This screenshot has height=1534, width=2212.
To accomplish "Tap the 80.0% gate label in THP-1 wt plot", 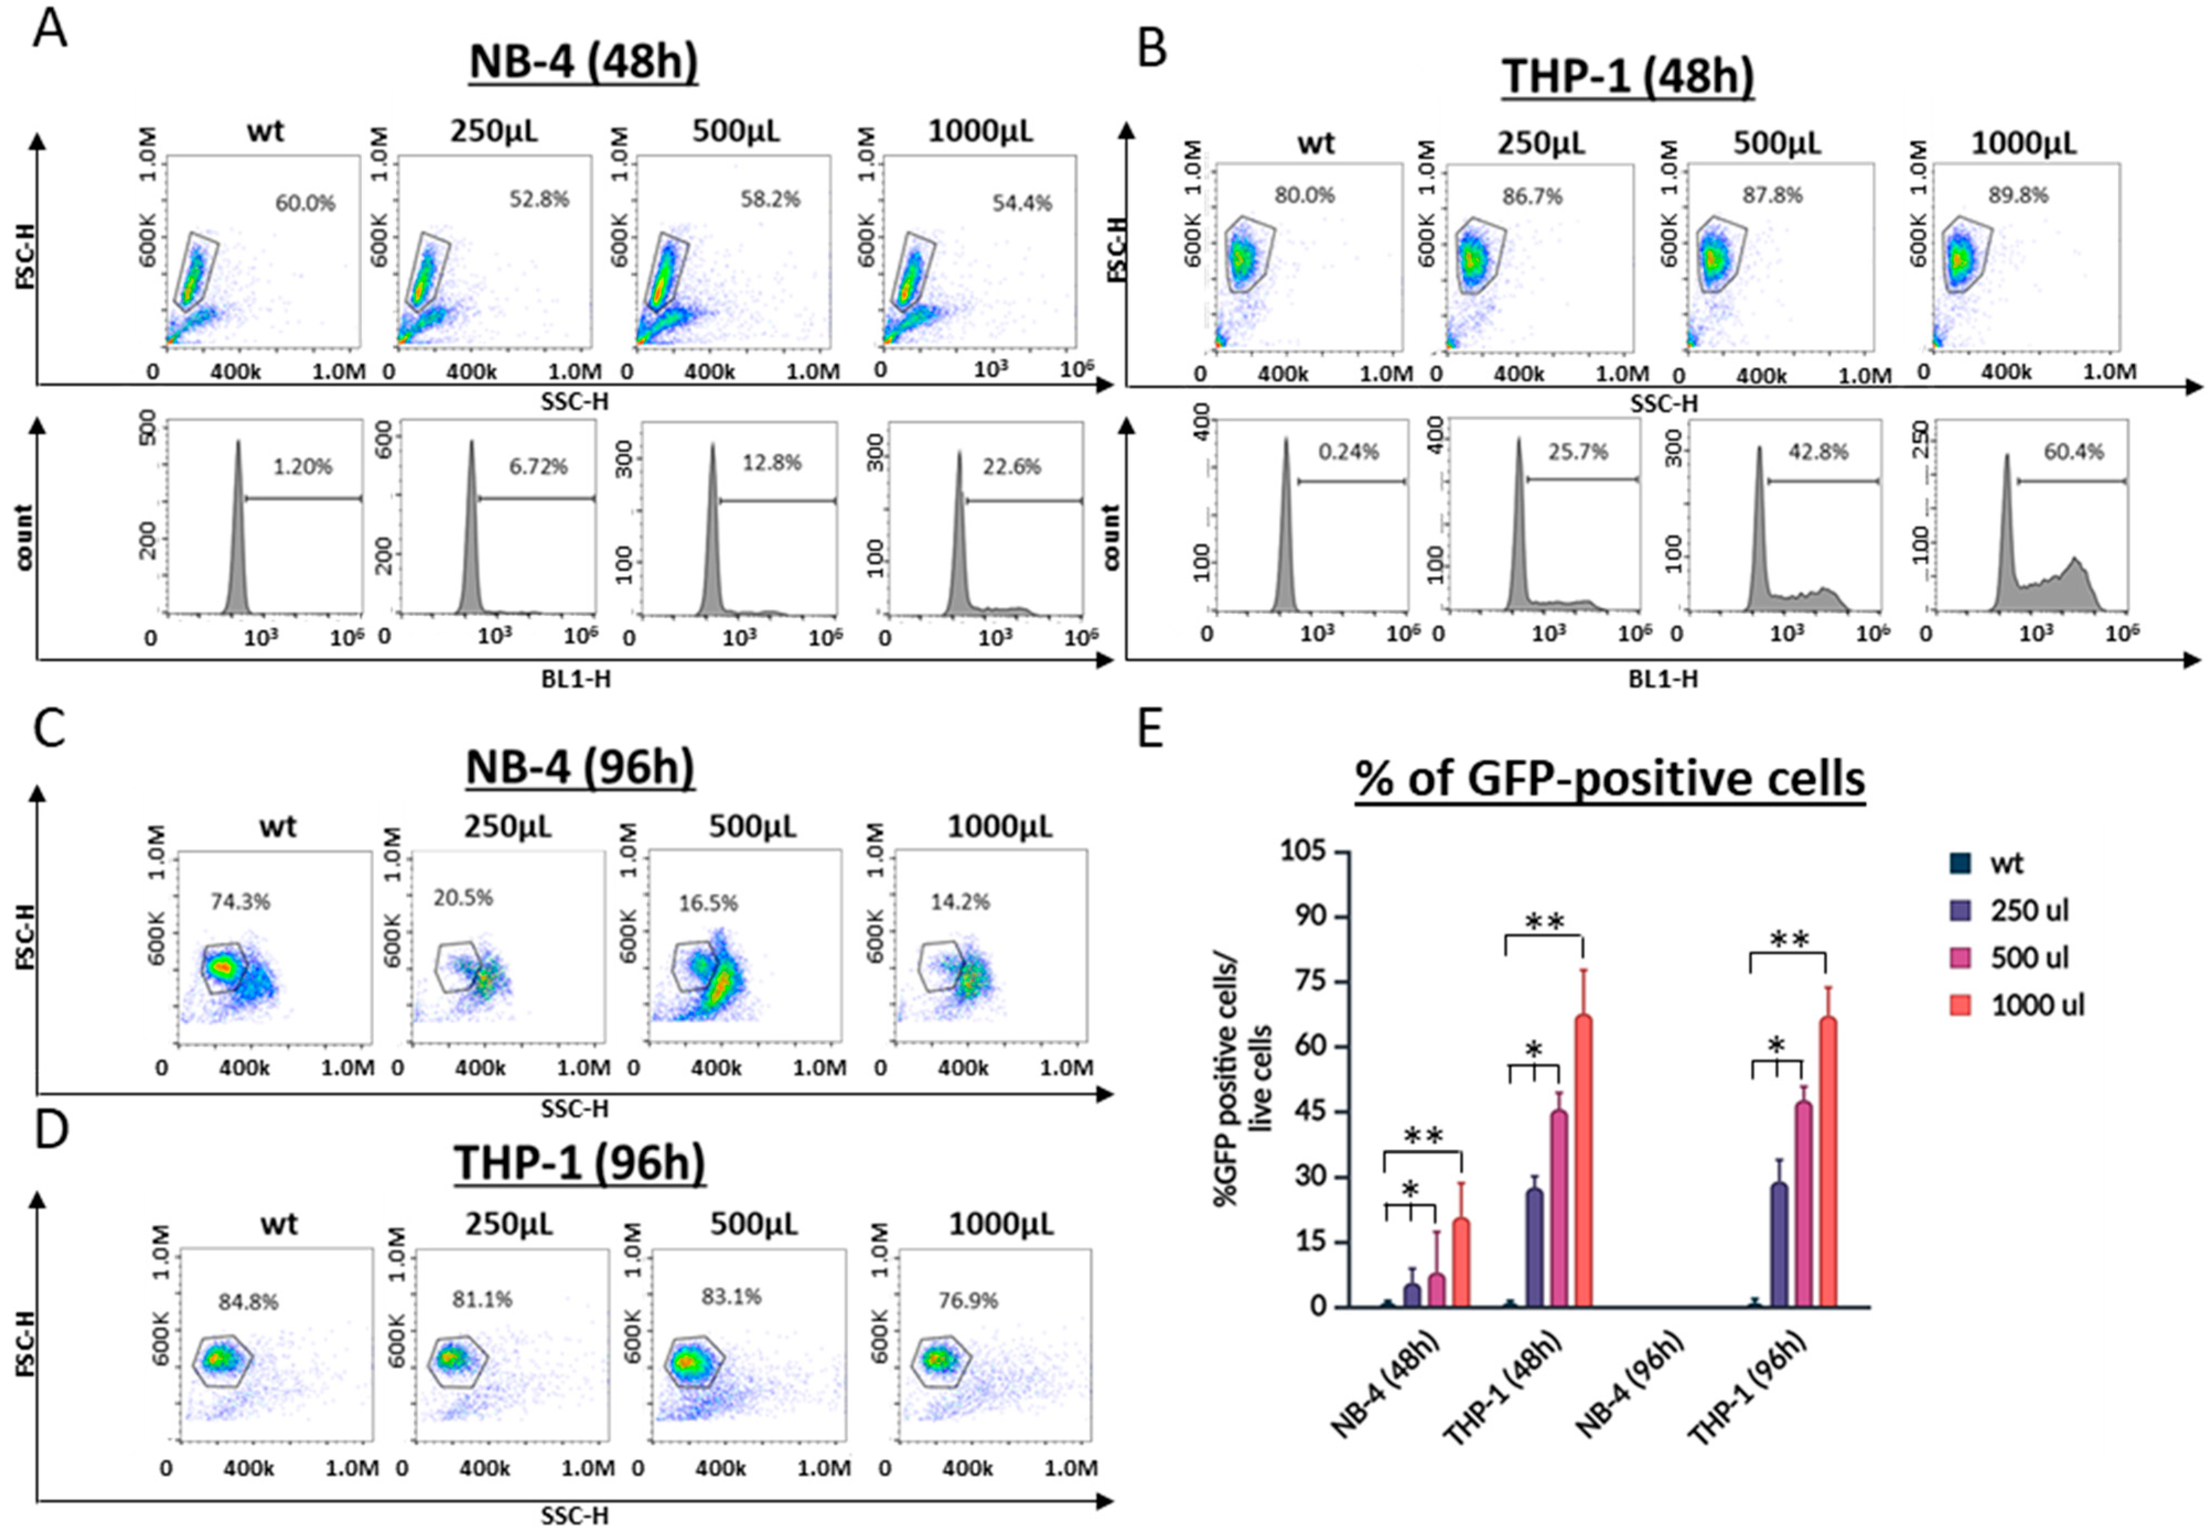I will coord(1305,195).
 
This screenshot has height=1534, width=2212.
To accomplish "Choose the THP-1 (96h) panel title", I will coord(580,1163).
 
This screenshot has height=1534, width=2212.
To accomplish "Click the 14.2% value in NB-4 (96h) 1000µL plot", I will coord(960,901).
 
